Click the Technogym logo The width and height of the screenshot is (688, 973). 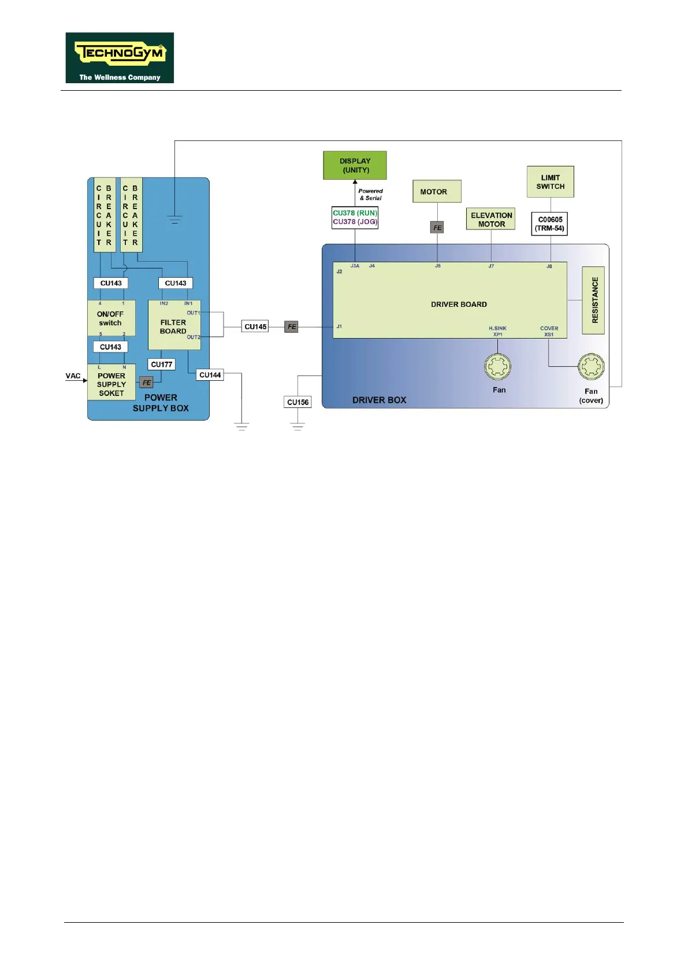click(x=120, y=58)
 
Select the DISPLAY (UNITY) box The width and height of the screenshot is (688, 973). click(x=355, y=166)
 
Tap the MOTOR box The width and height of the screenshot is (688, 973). click(x=437, y=192)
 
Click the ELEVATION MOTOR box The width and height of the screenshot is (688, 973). click(x=491, y=220)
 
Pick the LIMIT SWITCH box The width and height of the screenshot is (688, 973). click(x=550, y=182)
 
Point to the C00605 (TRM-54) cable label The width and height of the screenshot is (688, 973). click(x=549, y=224)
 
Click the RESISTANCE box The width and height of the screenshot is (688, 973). click(x=594, y=300)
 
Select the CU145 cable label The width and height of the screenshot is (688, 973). click(x=255, y=326)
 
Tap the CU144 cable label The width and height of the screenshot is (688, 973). click(x=210, y=375)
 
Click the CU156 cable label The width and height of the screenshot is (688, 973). click(x=298, y=402)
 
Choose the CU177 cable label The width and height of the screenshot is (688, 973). click(x=162, y=365)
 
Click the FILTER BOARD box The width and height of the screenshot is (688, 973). click(x=174, y=326)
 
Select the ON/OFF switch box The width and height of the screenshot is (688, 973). click(x=111, y=318)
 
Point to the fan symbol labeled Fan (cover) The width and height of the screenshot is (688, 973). click(x=591, y=366)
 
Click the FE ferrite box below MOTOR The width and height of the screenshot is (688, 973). click(x=437, y=228)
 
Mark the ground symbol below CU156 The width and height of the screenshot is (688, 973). click(x=297, y=427)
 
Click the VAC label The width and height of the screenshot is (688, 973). click(x=73, y=376)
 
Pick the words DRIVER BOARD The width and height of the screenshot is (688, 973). click(x=459, y=304)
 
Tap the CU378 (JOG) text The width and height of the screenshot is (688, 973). click(x=355, y=222)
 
